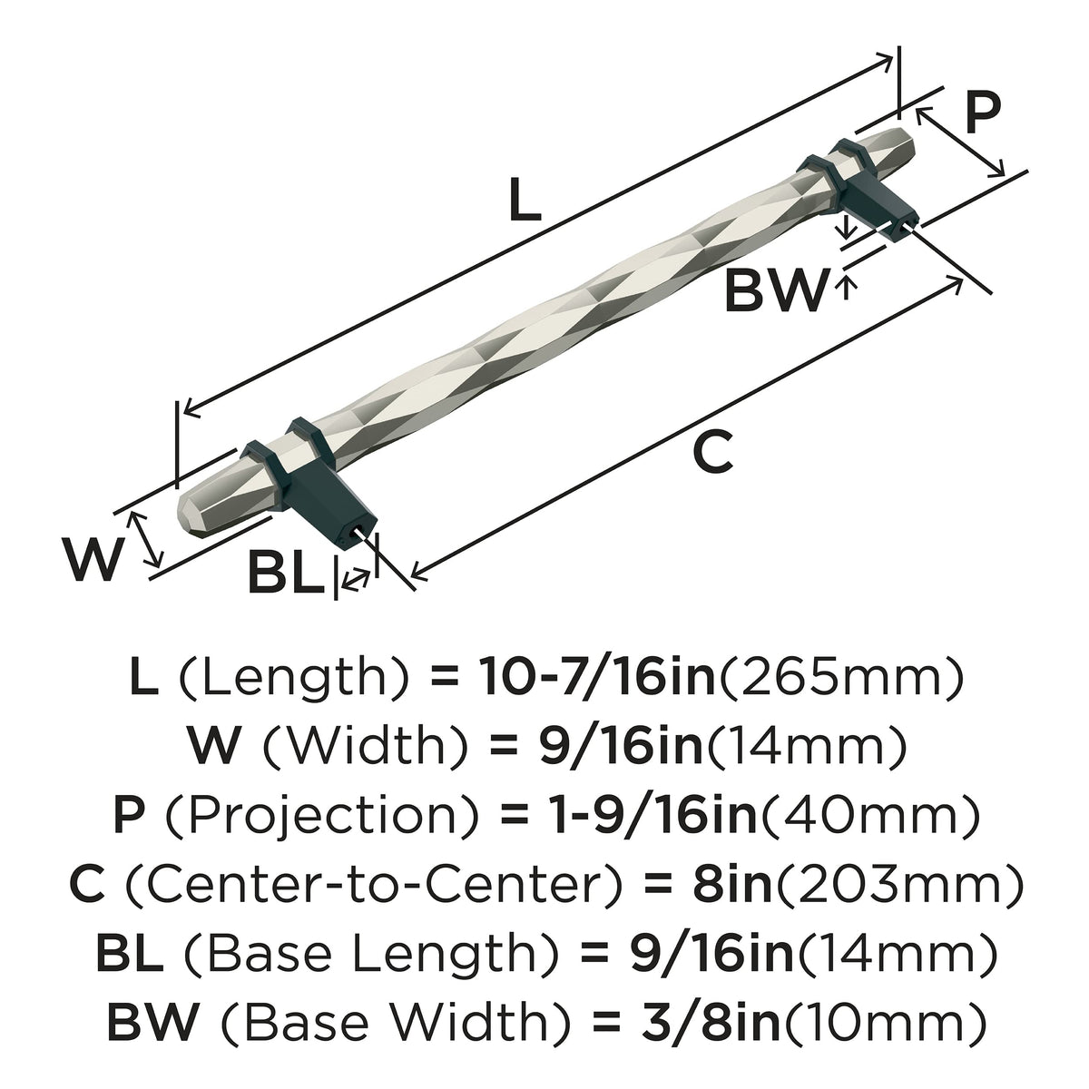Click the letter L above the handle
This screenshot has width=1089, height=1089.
(525, 199)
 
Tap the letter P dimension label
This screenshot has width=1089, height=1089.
(982, 113)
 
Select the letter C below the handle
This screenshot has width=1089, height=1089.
(713, 451)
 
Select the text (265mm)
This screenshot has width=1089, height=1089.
(839, 678)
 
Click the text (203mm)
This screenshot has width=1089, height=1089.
(898, 884)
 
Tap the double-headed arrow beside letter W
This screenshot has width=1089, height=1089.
(146, 539)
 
